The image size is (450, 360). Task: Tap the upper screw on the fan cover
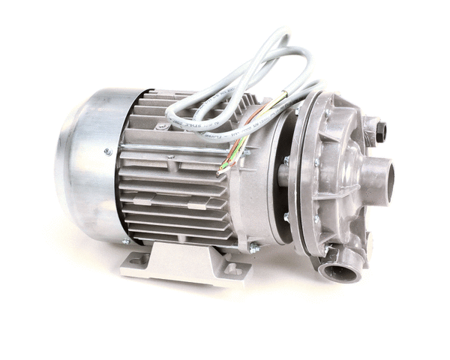pyautogui.click(x=108, y=151)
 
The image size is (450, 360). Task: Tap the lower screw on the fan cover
pyautogui.click(x=125, y=241)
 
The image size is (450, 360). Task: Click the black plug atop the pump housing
pyautogui.click(x=380, y=132)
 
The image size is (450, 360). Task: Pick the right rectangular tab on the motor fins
pyautogui.click(x=196, y=205)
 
